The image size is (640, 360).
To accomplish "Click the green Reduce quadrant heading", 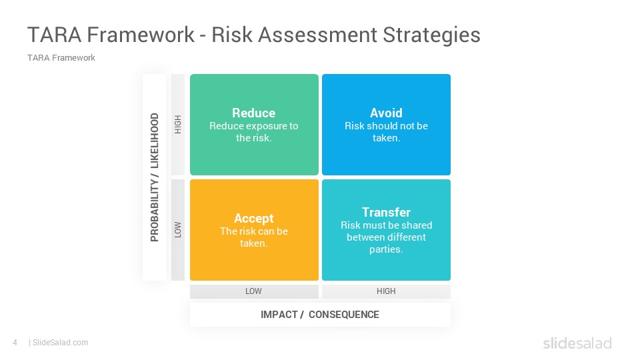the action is [x=253, y=113].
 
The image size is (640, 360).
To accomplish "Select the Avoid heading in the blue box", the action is [x=386, y=113].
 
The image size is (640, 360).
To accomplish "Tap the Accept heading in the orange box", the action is [x=253, y=219].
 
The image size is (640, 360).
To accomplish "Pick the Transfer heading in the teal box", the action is [x=386, y=212].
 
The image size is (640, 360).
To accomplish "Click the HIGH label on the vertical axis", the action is [x=177, y=125].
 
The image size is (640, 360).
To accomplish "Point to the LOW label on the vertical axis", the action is [x=177, y=230].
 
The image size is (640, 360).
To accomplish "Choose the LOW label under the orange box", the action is [x=253, y=291].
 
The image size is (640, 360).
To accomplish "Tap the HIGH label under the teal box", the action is [x=386, y=291].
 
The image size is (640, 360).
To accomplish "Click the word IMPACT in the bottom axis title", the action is [x=279, y=315].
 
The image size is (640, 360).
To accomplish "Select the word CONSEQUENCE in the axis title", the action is [x=344, y=315].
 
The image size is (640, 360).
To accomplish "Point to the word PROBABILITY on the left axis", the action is [x=154, y=211].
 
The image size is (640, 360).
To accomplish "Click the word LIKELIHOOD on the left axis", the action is [x=154, y=141].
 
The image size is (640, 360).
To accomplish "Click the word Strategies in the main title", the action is [x=431, y=35].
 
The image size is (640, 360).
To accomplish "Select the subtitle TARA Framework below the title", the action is [x=61, y=58].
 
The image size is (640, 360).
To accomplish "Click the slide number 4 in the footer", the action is [x=15, y=343].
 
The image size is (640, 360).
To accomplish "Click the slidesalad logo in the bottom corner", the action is [x=577, y=343].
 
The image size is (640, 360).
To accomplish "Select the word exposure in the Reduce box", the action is [x=263, y=126].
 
